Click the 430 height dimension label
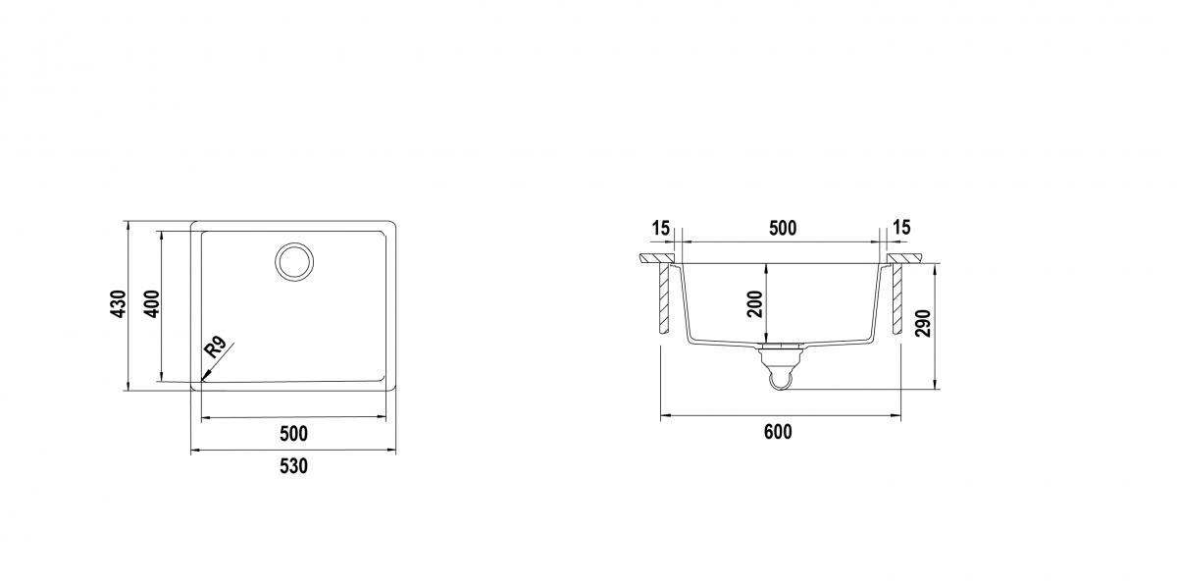pyautogui.click(x=120, y=304)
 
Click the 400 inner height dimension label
pyautogui.click(x=152, y=304)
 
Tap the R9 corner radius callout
pyautogui.click(x=215, y=347)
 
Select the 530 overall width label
pyautogui.click(x=293, y=466)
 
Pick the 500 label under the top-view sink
pyautogui.click(x=293, y=434)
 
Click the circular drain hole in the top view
pyautogui.click(x=294, y=261)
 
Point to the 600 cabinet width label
pyautogui.click(x=778, y=432)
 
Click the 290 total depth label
pyautogui.click(x=923, y=324)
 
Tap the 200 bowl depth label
pyautogui.click(x=755, y=304)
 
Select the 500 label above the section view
pyautogui.click(x=783, y=229)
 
